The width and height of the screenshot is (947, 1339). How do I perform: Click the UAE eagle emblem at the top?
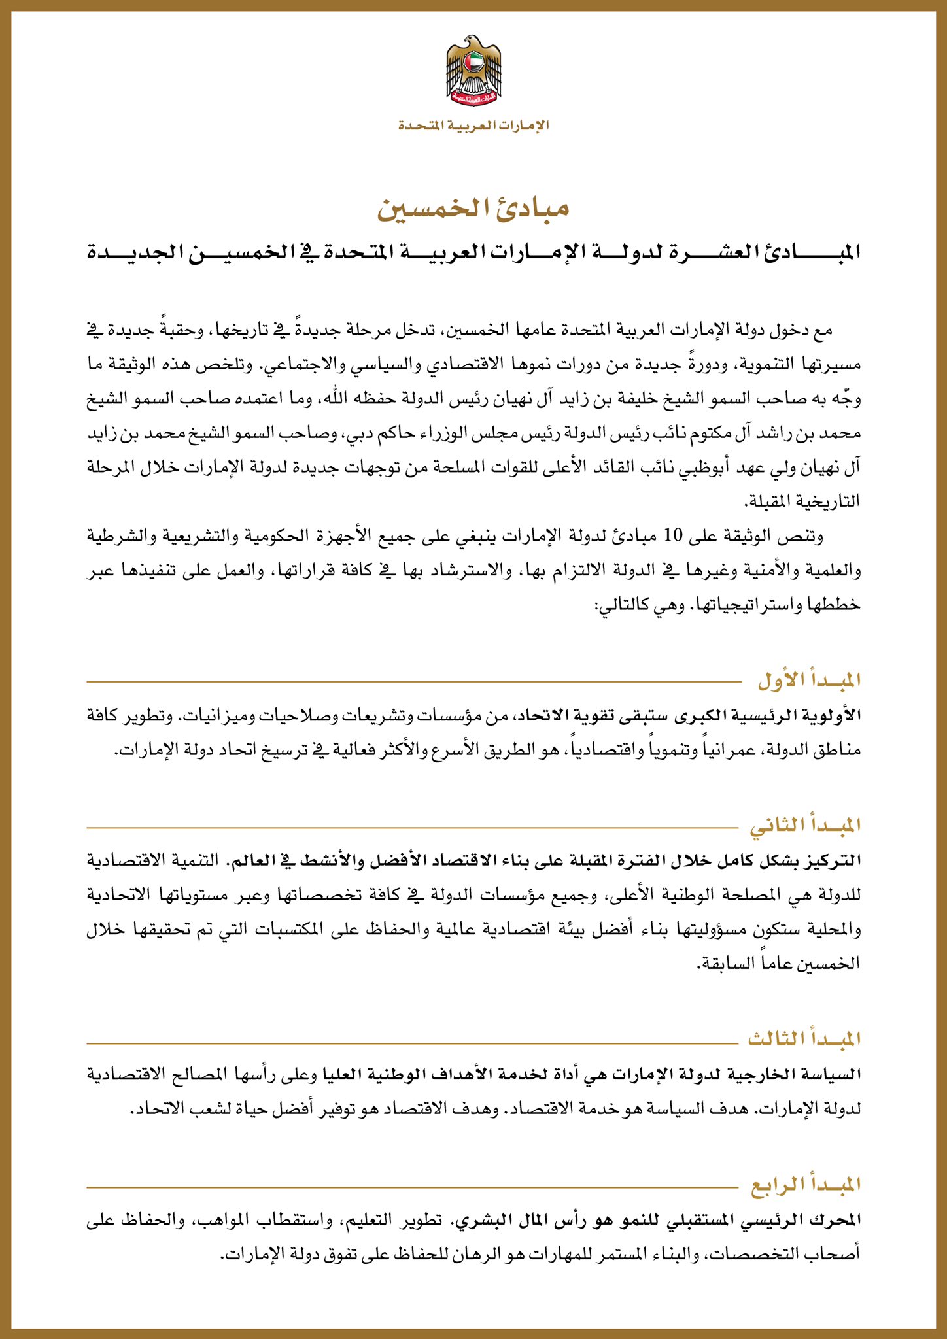(x=473, y=72)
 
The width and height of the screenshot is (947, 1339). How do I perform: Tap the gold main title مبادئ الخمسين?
(x=473, y=208)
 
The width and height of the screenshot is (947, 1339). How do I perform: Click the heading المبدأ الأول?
(x=808, y=681)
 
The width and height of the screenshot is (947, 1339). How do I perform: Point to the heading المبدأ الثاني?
(x=805, y=826)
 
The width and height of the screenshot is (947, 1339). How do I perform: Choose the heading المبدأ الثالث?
(x=804, y=1038)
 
